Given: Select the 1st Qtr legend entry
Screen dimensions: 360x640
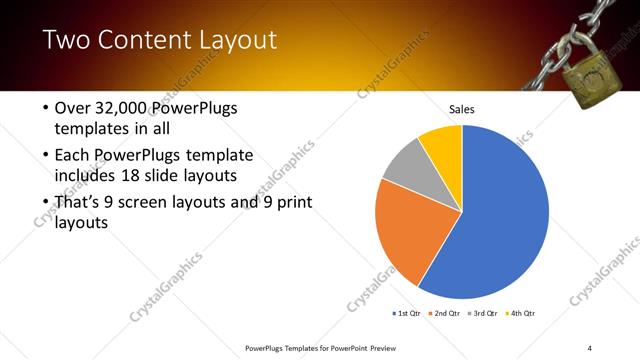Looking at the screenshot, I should click(x=407, y=313).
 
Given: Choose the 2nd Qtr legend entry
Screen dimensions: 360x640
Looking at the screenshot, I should click(x=445, y=313).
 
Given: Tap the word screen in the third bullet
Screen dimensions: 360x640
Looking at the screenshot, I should click(x=152, y=203).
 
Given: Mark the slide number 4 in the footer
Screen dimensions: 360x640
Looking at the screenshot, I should click(x=590, y=348).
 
